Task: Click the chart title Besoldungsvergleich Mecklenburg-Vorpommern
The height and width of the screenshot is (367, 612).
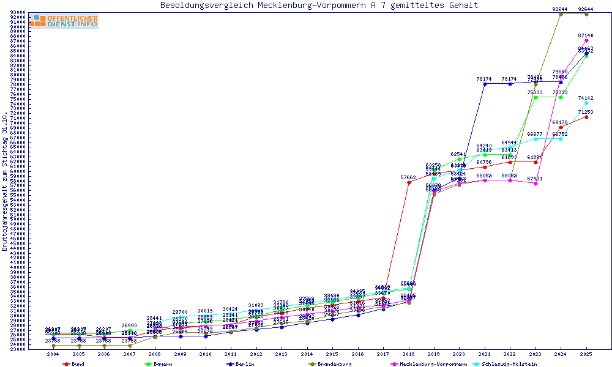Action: pos(319,6)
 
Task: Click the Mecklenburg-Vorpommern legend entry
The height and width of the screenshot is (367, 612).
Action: pos(431,364)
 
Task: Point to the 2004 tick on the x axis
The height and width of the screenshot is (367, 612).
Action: pos(53,354)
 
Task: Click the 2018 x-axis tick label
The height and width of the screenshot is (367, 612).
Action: pos(409,354)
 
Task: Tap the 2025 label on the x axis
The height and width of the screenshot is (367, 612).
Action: pos(586,354)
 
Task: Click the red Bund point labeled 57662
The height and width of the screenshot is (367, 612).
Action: pos(409,182)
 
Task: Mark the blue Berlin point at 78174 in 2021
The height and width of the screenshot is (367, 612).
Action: pos(485,84)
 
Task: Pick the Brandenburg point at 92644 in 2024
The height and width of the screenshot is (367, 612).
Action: pos(561,13)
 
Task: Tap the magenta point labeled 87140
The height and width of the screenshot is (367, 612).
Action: pos(586,40)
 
